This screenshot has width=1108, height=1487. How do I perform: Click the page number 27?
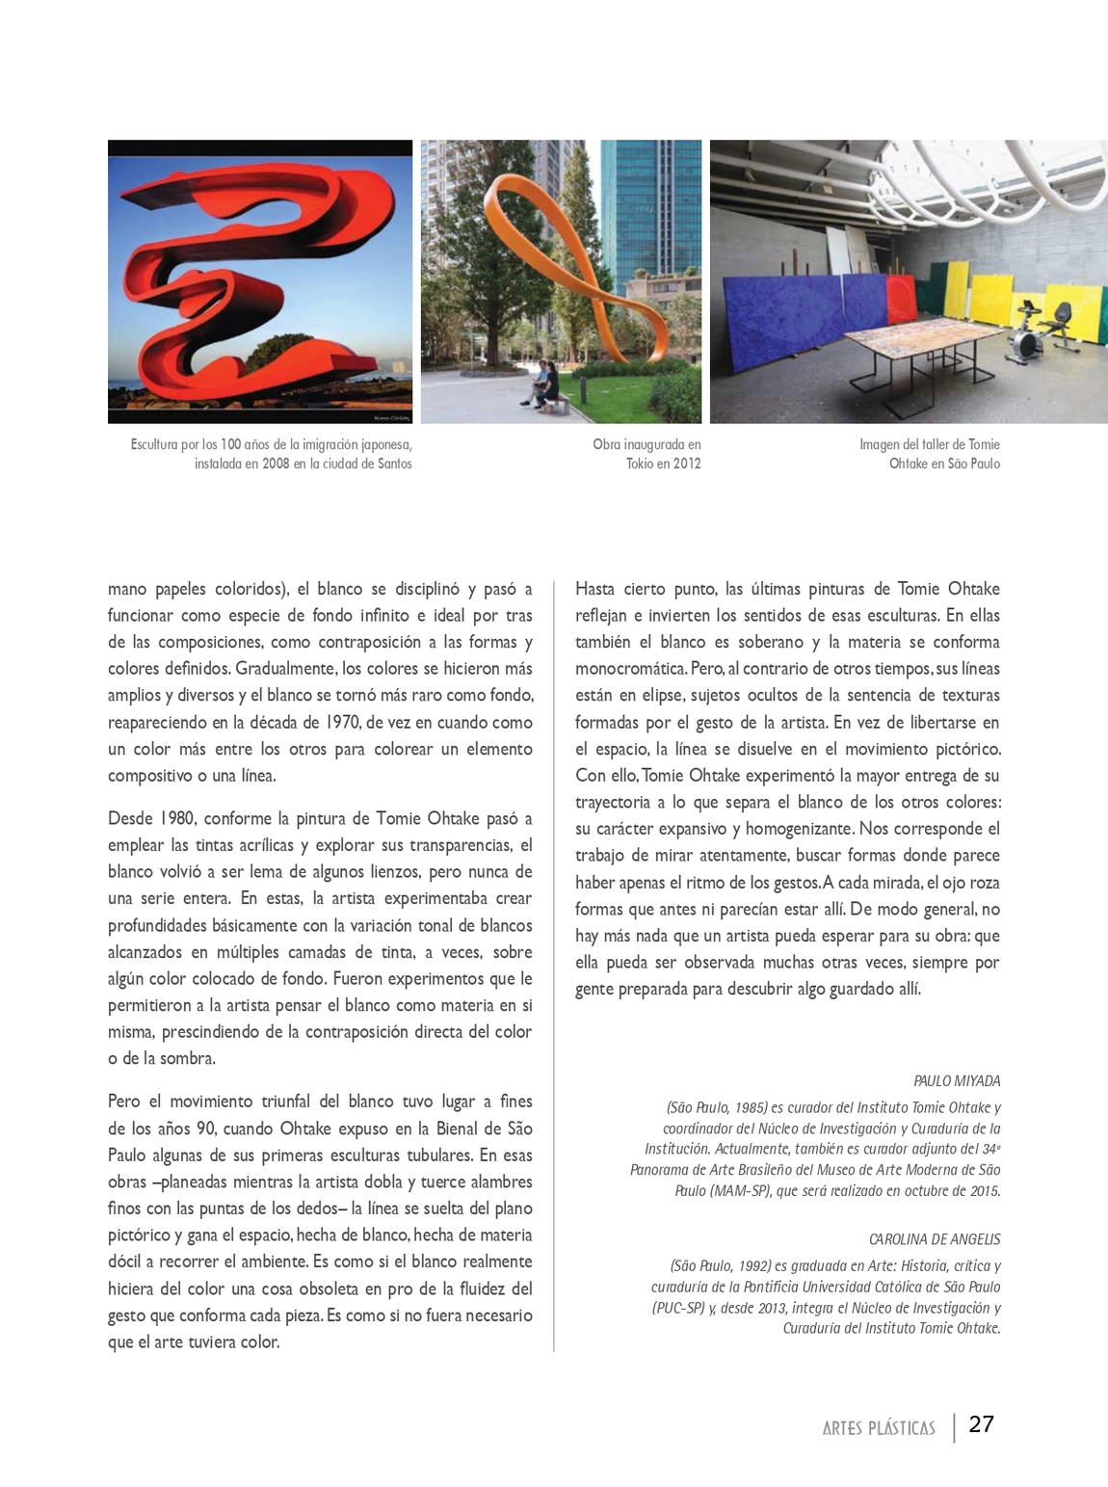(x=981, y=1425)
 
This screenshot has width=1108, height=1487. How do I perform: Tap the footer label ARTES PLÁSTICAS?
(x=879, y=1428)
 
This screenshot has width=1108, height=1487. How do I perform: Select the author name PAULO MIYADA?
(x=957, y=1081)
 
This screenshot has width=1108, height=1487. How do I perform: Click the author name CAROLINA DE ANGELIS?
(x=935, y=1239)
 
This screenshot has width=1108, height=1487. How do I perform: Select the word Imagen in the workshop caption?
(x=882, y=444)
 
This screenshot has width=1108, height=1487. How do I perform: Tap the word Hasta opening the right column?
(x=596, y=589)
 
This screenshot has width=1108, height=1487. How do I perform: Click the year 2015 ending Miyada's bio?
(x=982, y=1190)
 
